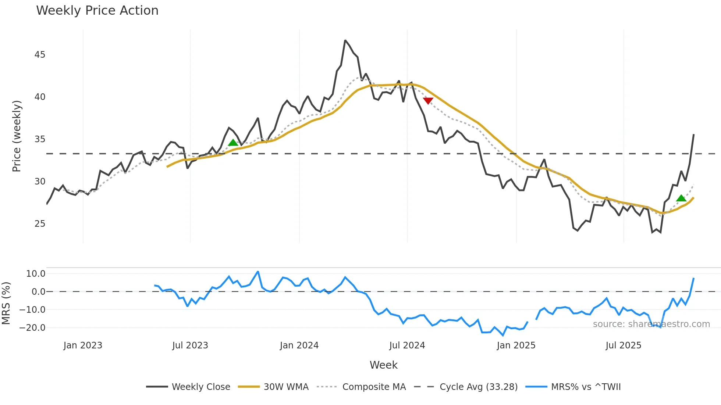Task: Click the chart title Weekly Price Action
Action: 97,11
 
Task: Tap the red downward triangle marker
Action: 428,100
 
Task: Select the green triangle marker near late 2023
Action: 233,143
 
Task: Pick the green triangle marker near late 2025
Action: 681,198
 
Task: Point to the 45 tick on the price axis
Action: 40,55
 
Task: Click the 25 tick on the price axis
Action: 40,224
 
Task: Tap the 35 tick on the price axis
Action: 40,139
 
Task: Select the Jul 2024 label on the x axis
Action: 407,345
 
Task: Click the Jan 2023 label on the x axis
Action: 83,345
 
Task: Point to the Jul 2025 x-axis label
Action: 623,345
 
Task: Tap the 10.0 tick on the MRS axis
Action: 36,274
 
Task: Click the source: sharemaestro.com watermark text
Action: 651,324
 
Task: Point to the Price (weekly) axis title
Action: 17,136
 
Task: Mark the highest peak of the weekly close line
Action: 345,40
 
